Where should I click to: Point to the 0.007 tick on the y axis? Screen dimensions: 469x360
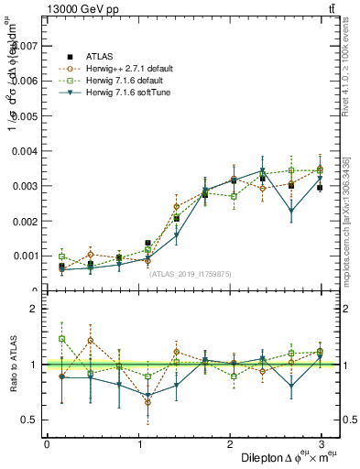pos(27,45)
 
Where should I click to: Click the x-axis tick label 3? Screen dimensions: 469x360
pos(322,444)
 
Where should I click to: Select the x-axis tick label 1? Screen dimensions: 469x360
pos(138,444)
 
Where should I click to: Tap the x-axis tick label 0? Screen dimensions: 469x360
pos(47,444)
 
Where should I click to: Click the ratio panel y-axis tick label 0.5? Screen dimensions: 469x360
pos(30,420)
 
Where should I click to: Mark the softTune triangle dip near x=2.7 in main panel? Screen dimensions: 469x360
pos(291,212)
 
